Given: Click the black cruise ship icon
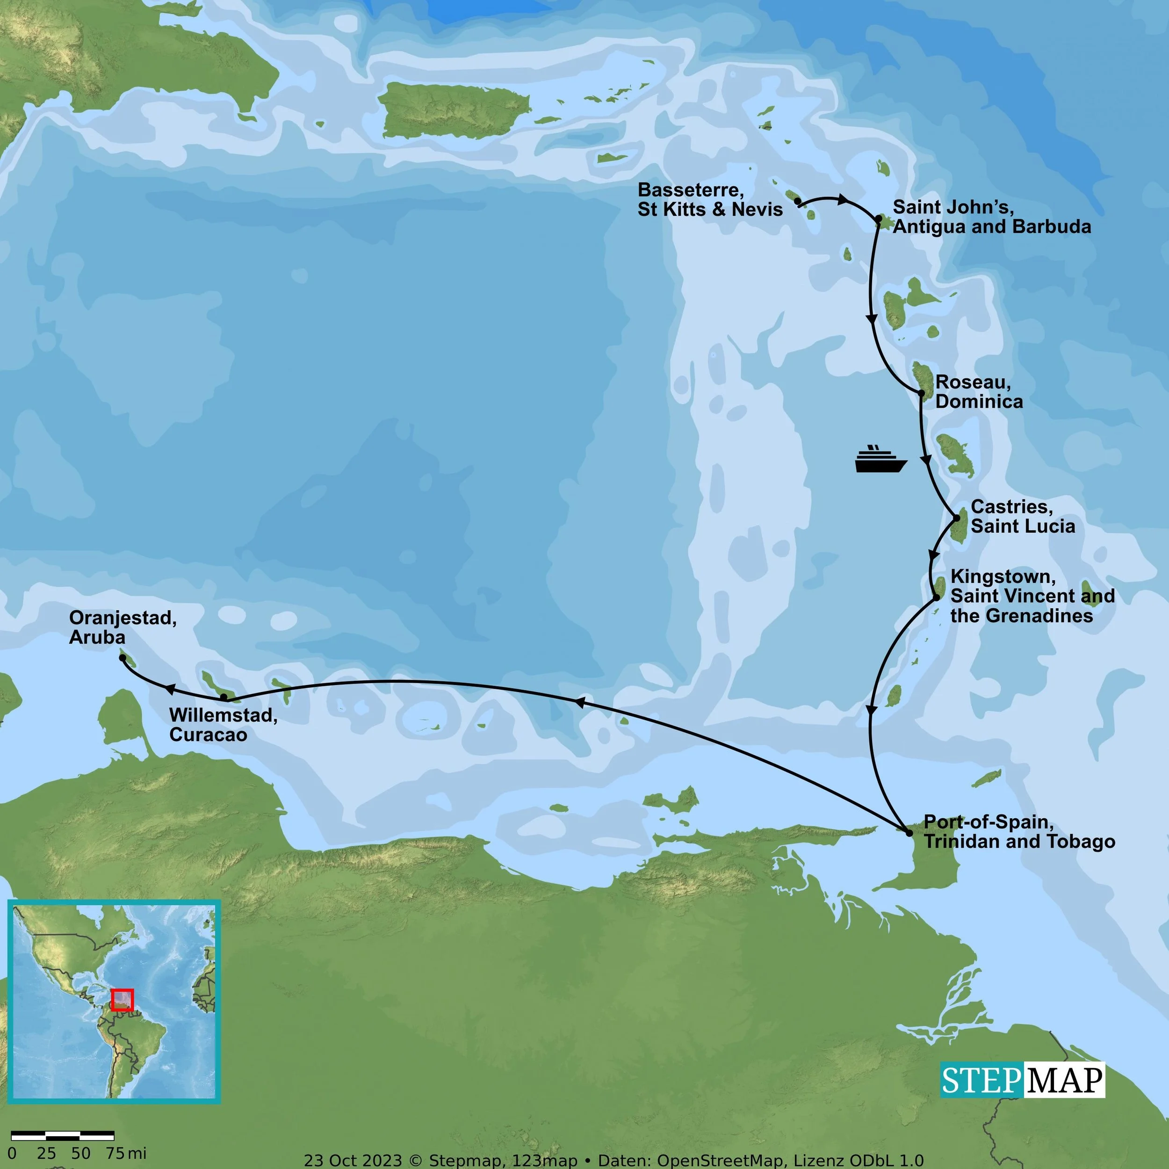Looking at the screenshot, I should [x=880, y=459].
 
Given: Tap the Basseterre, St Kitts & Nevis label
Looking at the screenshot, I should [x=710, y=200].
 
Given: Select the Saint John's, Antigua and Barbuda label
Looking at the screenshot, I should [x=992, y=216].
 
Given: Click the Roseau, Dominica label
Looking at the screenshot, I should [x=978, y=391].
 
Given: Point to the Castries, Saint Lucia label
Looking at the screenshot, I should [x=1023, y=516].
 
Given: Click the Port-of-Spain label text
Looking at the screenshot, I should [x=1019, y=831].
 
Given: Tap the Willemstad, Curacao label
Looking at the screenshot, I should [x=223, y=724].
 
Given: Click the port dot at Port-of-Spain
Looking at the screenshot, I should [x=909, y=833].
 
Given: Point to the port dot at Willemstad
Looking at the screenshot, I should [x=224, y=698].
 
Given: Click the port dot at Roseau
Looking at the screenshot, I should [x=922, y=393].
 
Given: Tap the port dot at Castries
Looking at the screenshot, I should [x=957, y=518].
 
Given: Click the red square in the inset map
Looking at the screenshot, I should [x=122, y=1000].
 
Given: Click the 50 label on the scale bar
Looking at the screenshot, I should [x=80, y=1153].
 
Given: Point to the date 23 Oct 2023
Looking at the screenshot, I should [x=353, y=1161].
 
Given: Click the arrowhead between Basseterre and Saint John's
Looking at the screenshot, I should [x=842, y=199].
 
